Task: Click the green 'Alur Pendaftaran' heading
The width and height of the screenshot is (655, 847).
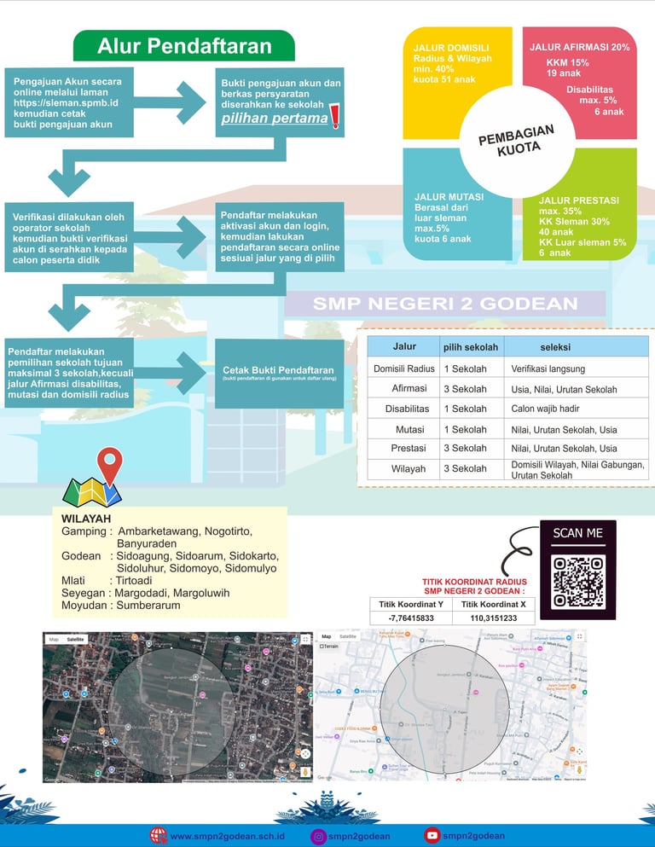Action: [183, 46]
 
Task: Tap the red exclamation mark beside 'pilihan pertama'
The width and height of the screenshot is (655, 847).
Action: [334, 115]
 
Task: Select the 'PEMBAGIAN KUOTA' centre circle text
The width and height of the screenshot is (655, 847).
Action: [516, 139]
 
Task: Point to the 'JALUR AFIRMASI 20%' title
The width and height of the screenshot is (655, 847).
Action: [579, 48]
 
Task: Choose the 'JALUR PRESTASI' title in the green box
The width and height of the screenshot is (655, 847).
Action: [579, 200]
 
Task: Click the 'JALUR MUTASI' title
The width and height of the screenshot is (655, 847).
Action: [449, 197]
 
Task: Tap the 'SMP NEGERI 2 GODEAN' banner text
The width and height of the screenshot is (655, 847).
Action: [445, 305]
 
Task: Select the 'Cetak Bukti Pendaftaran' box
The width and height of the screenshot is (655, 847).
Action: [278, 372]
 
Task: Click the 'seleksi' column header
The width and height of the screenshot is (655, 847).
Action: [555, 347]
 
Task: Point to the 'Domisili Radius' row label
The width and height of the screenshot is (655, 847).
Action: [403, 368]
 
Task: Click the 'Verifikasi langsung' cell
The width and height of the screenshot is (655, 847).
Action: [548, 369]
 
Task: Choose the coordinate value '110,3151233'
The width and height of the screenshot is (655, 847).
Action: [493, 618]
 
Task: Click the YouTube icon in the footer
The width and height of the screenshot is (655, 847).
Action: [432, 836]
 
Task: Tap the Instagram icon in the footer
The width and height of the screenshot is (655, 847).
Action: [318, 837]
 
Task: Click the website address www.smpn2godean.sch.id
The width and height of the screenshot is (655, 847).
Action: [227, 837]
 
